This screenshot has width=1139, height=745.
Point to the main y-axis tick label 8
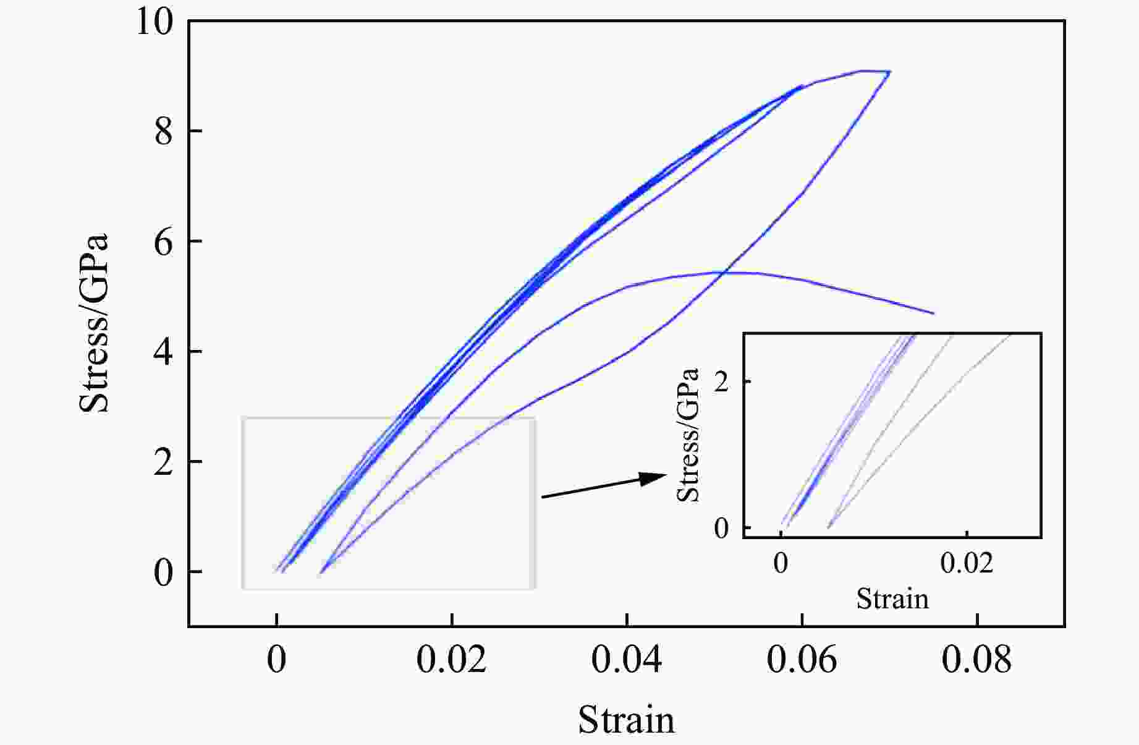(x=164, y=132)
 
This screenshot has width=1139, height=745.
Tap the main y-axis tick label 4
(x=164, y=352)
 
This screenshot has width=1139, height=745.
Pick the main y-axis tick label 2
(x=164, y=462)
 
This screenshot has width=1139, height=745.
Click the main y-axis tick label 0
(x=164, y=573)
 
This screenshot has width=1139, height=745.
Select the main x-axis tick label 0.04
(x=627, y=660)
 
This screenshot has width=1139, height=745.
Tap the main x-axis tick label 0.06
(x=802, y=660)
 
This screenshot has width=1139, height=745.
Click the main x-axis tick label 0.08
(x=976, y=660)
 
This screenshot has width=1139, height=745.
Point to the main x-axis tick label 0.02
(x=452, y=660)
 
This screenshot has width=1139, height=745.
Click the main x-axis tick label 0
(x=277, y=660)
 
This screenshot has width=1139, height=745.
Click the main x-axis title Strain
(x=626, y=720)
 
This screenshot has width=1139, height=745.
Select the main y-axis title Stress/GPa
(x=94, y=323)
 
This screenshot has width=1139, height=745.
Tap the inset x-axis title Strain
(x=892, y=598)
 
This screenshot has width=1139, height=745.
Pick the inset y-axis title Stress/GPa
(x=688, y=435)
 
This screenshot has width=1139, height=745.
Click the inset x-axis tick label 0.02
(x=967, y=563)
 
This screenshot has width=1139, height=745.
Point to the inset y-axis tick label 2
(x=721, y=381)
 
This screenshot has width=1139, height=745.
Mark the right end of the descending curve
(x=933, y=313)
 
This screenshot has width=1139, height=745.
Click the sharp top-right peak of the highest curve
(x=889, y=72)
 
